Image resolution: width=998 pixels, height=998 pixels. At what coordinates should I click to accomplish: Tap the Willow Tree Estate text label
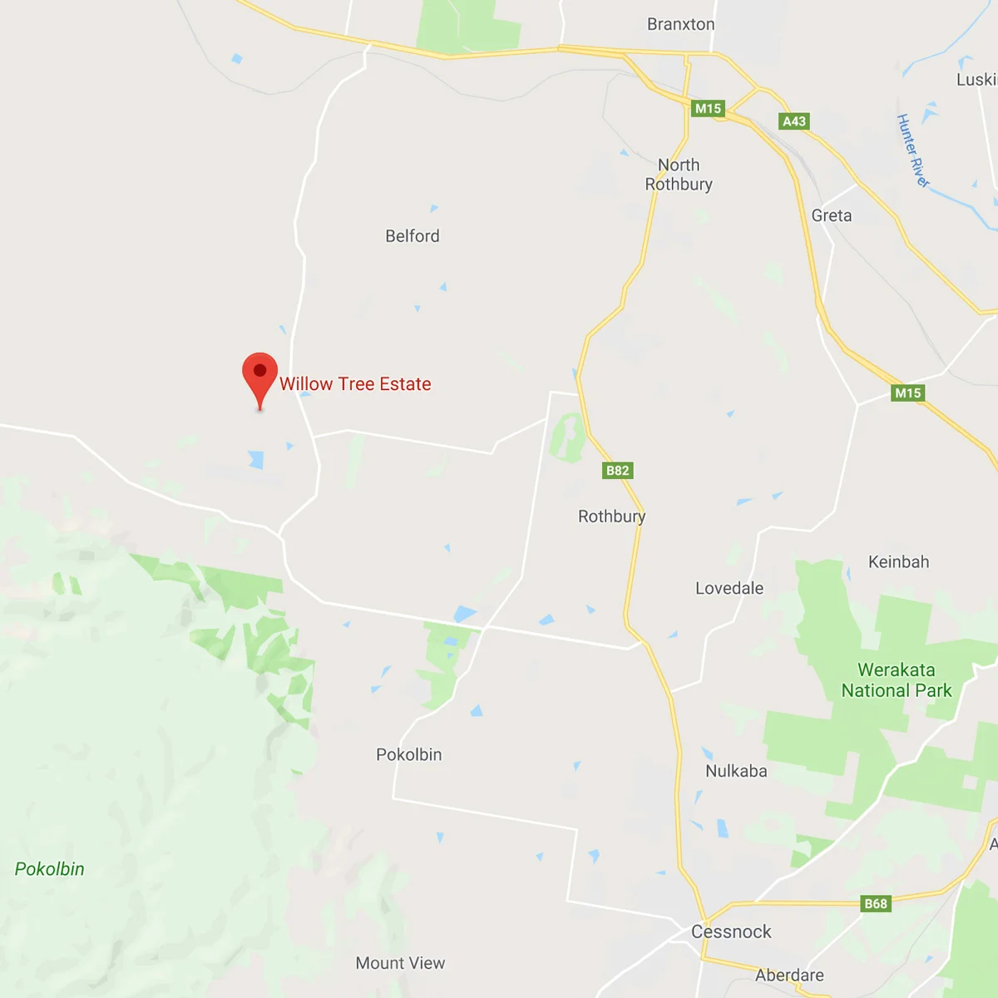pos(355,384)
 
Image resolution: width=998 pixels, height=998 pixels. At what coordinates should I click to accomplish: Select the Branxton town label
pos(680,24)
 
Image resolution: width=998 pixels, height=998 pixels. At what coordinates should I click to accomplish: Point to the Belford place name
pos(413,236)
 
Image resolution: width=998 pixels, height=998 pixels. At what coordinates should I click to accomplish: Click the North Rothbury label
pos(679,175)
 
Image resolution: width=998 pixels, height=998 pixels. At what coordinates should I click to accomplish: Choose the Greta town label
pos(832,215)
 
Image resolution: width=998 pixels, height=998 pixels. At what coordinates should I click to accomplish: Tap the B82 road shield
pos(617,471)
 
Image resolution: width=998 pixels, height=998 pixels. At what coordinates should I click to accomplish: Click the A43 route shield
pos(794,121)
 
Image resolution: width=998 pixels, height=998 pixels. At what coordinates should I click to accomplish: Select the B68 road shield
pos(876,904)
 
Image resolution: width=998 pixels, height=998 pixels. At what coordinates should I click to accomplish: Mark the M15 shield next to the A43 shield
pos(708,108)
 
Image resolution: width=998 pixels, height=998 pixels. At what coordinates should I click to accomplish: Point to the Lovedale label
pos(729,589)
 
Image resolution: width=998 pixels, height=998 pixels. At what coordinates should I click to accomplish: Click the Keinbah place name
pos(898,562)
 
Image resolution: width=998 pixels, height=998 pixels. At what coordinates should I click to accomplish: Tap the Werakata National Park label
pos(897,680)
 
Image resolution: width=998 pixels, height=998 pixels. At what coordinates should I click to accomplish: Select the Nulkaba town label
pos(736,771)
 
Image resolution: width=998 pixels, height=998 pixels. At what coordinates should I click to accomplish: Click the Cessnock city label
pos(731,931)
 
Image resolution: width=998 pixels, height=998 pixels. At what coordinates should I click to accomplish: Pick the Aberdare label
pos(789,975)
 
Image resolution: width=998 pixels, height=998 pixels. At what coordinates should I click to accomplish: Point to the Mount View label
pos(400,963)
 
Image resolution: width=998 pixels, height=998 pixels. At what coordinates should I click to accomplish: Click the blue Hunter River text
pos(912,151)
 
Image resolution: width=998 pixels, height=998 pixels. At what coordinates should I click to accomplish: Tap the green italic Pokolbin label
pos(50,869)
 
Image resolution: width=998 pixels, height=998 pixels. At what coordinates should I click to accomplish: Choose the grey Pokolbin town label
pos(409,755)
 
